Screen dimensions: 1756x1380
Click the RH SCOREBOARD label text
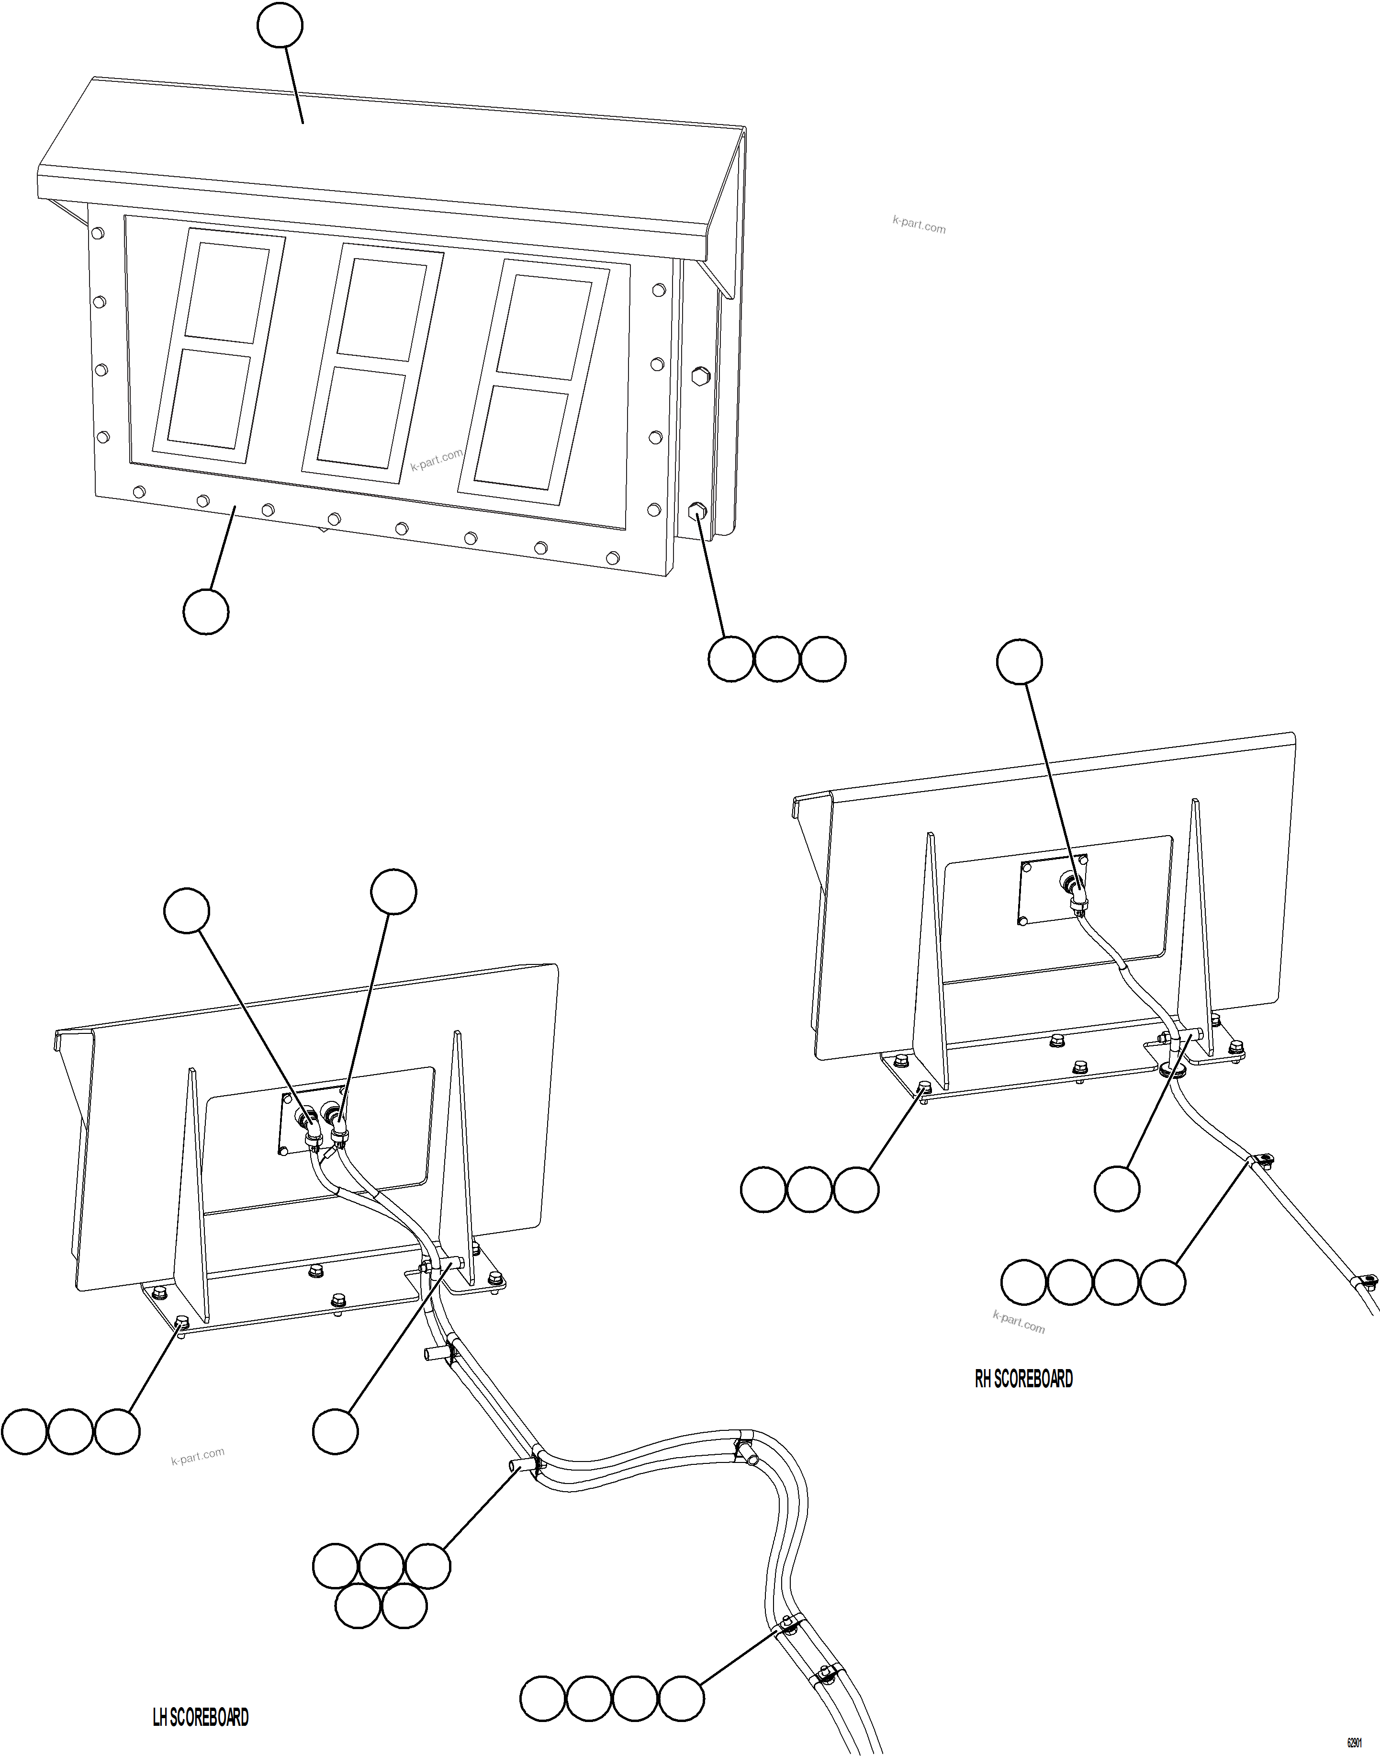(x=1024, y=1379)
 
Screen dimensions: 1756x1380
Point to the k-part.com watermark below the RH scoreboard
(x=1018, y=1322)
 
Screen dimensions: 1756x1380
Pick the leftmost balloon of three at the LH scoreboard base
(x=24, y=1432)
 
